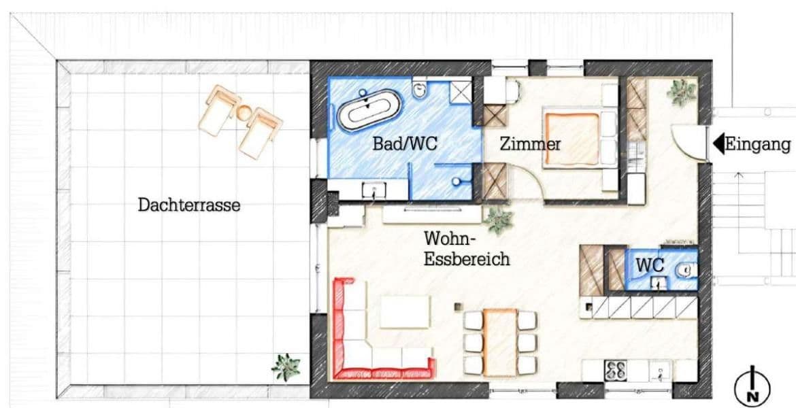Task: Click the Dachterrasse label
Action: pos(188,205)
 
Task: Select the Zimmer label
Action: pos(530,144)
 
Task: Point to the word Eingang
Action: pos(757,144)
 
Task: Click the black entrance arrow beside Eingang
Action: pos(718,144)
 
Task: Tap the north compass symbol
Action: pos(752,387)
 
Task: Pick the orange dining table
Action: pos(501,341)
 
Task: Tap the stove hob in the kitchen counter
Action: pos(616,370)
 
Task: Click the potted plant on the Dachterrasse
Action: pos(285,367)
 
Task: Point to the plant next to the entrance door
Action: pos(680,92)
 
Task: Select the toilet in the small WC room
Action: pos(685,271)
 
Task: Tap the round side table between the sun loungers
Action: pos(244,113)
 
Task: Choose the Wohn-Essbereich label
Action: pos(466,249)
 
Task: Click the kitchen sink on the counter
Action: pos(659,371)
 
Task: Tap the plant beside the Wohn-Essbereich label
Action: pos(499,220)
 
